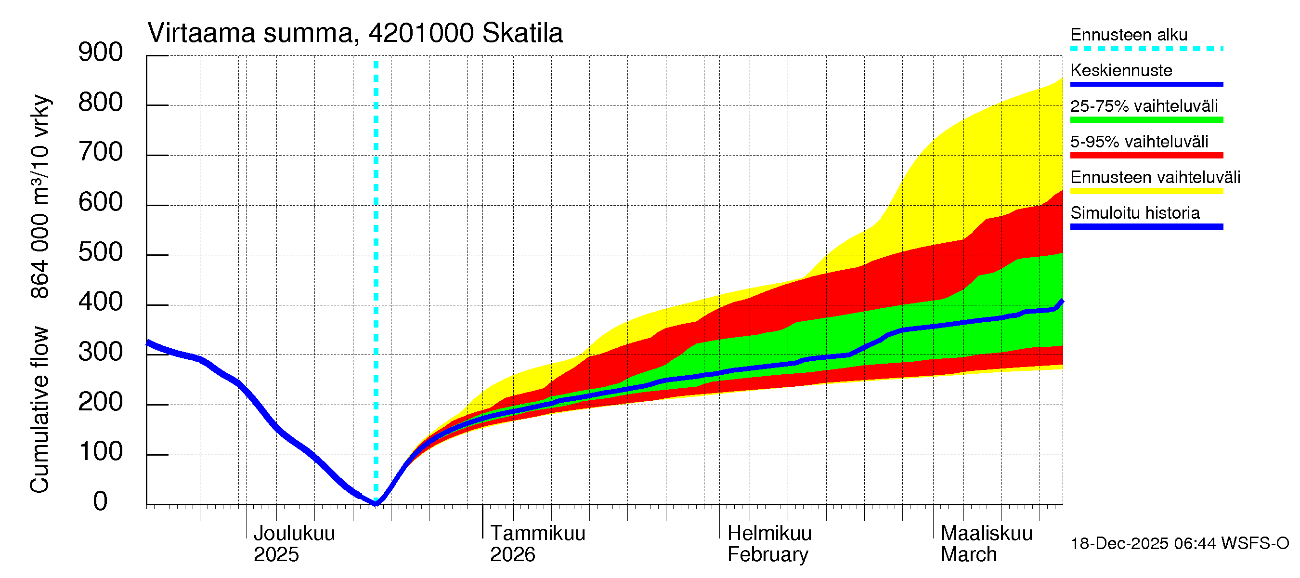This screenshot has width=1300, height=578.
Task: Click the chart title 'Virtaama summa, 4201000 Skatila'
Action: (x=355, y=33)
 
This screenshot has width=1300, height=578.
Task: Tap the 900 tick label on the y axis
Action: (x=101, y=53)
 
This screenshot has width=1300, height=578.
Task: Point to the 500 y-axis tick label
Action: (x=101, y=252)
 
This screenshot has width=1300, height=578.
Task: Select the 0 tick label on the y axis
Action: (x=101, y=501)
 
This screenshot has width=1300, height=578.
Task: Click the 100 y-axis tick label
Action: (x=101, y=451)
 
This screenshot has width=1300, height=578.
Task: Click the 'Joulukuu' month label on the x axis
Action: (x=294, y=533)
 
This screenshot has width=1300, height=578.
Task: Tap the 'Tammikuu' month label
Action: (x=537, y=533)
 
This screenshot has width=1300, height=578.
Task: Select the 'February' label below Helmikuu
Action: (x=767, y=555)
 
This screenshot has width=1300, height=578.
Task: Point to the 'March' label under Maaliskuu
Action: (x=968, y=555)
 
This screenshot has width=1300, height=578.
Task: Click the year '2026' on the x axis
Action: (x=512, y=555)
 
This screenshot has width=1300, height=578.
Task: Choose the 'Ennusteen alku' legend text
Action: (x=1129, y=35)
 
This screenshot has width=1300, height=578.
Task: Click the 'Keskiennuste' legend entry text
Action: (x=1121, y=70)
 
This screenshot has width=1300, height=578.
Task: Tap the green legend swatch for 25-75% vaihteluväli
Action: (x=1146, y=119)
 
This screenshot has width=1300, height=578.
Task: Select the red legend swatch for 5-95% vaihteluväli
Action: (x=1146, y=156)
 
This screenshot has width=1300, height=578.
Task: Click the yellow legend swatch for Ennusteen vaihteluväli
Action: (x=1146, y=191)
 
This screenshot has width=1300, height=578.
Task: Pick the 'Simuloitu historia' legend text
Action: (x=1135, y=213)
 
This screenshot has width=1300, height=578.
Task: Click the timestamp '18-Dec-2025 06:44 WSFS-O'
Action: (x=1179, y=544)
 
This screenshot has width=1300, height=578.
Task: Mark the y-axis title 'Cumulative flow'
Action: (x=39, y=409)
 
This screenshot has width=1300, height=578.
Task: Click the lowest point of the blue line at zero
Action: (x=376, y=503)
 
